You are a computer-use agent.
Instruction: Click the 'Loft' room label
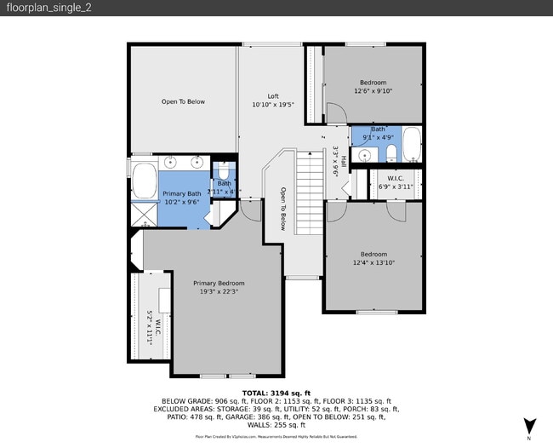click(x=273, y=96)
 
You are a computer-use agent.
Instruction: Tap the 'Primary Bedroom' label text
click(x=219, y=283)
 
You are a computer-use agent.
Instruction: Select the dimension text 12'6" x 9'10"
click(x=373, y=91)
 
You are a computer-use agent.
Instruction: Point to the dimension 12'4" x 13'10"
click(x=373, y=262)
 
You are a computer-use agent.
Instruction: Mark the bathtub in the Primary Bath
click(x=142, y=181)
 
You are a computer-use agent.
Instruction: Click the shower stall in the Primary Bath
click(x=142, y=215)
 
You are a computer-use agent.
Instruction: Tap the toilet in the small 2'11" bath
click(x=224, y=170)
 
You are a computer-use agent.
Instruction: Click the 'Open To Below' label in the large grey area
click(x=183, y=101)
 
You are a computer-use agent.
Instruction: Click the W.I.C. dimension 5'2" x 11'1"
click(x=150, y=327)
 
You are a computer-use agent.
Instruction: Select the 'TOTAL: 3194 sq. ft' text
click(x=276, y=393)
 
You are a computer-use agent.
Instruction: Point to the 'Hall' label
click(x=343, y=160)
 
